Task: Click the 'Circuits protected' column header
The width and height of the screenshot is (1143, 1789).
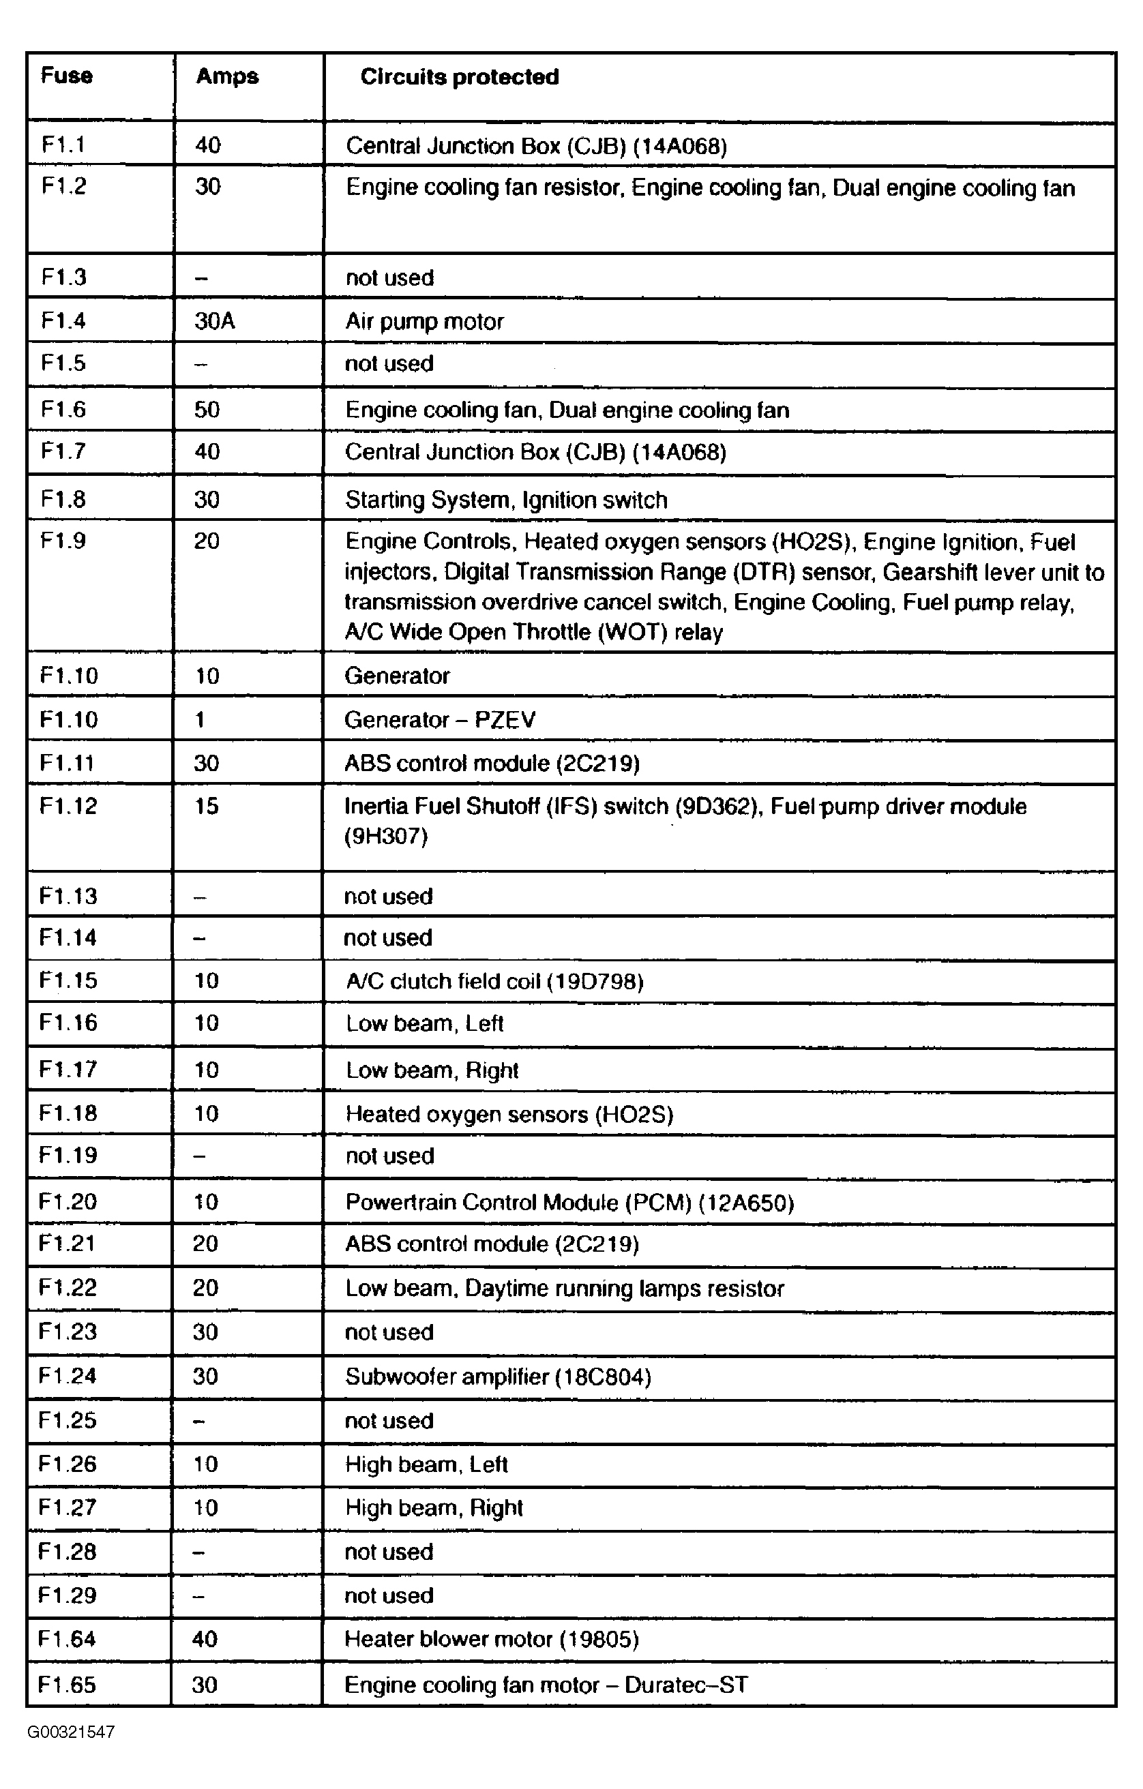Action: pyautogui.click(x=459, y=77)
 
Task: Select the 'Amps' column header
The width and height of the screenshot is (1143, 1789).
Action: pyautogui.click(x=226, y=76)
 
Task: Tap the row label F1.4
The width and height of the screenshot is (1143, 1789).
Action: pyautogui.click(x=63, y=320)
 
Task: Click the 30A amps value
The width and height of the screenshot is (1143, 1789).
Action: pyautogui.click(x=214, y=321)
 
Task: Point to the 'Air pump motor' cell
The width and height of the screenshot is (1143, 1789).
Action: pyautogui.click(x=424, y=322)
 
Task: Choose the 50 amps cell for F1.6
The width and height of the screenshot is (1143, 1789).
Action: pyautogui.click(x=207, y=409)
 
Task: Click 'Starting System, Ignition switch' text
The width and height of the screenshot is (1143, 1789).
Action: pyautogui.click(x=506, y=500)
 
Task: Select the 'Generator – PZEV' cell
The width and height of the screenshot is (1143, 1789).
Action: pyautogui.click(x=439, y=720)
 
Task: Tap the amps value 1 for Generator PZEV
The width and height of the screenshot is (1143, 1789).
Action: pyautogui.click(x=200, y=720)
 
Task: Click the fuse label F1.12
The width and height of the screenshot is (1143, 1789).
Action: pyautogui.click(x=68, y=806)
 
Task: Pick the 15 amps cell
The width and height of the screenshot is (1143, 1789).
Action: pyautogui.click(x=207, y=806)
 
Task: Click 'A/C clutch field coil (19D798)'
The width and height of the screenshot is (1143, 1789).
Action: pyautogui.click(x=494, y=981)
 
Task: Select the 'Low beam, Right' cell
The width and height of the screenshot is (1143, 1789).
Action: pyautogui.click(x=432, y=1070)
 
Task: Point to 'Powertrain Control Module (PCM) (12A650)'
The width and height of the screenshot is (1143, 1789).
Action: pyautogui.click(x=569, y=1203)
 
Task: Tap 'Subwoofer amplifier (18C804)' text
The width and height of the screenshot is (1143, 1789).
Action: pyautogui.click(x=498, y=1377)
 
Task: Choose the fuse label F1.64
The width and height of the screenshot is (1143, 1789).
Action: pyautogui.click(x=66, y=1639)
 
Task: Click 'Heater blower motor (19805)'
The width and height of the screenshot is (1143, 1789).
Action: pyautogui.click(x=491, y=1639)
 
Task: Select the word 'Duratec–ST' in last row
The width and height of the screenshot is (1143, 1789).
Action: pyautogui.click(x=685, y=1684)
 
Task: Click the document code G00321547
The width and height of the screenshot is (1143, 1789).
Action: pyautogui.click(x=71, y=1732)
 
